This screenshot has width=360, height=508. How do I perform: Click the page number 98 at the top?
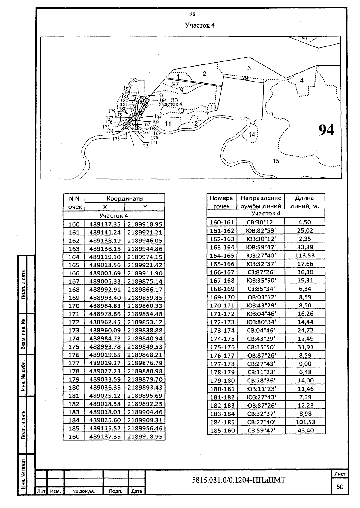click(193, 14)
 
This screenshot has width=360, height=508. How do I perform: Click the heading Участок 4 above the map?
click(200, 25)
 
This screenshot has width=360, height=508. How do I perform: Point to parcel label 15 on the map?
click(276, 161)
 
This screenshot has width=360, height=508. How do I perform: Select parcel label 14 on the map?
click(252, 135)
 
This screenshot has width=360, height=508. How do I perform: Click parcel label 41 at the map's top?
click(304, 38)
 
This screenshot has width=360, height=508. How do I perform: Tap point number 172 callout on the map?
click(144, 146)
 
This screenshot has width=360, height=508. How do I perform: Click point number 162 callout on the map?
click(134, 80)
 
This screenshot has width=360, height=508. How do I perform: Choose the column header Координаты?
click(125, 198)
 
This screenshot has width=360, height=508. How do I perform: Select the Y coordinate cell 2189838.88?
click(145, 330)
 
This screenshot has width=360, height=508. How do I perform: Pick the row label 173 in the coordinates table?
click(74, 330)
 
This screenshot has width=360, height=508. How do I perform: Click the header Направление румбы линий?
click(261, 202)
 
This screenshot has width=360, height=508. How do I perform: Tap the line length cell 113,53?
click(305, 256)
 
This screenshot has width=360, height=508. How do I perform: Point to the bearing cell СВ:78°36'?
click(261, 380)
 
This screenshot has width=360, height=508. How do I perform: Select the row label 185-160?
click(222, 431)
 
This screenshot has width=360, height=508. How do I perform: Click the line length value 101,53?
click(305, 422)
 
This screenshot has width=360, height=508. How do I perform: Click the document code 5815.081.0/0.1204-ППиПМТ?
click(238, 480)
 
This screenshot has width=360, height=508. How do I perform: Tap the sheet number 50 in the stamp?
click(340, 487)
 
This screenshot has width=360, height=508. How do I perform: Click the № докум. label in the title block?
click(84, 491)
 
